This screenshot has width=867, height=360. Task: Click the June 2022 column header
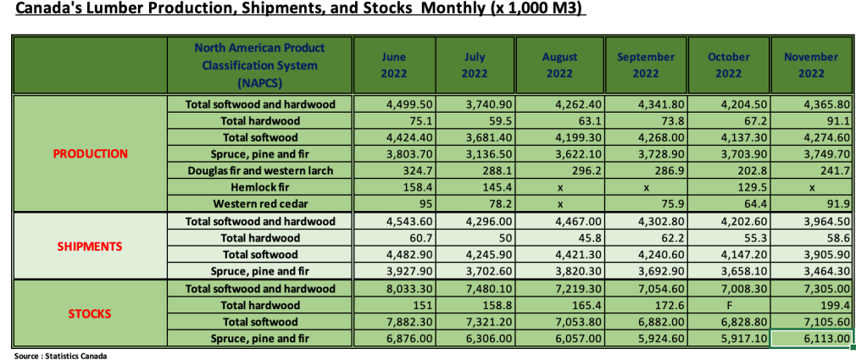click(394, 65)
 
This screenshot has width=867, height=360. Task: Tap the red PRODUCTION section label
click(91, 154)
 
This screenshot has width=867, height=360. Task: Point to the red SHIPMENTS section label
click(91, 246)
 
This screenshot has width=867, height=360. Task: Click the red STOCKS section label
click(91, 313)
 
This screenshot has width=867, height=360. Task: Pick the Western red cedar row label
click(258, 204)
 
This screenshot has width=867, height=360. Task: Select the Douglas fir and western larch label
click(258, 171)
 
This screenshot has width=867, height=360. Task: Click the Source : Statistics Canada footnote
click(60, 355)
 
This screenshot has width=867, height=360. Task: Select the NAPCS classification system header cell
click(258, 65)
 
